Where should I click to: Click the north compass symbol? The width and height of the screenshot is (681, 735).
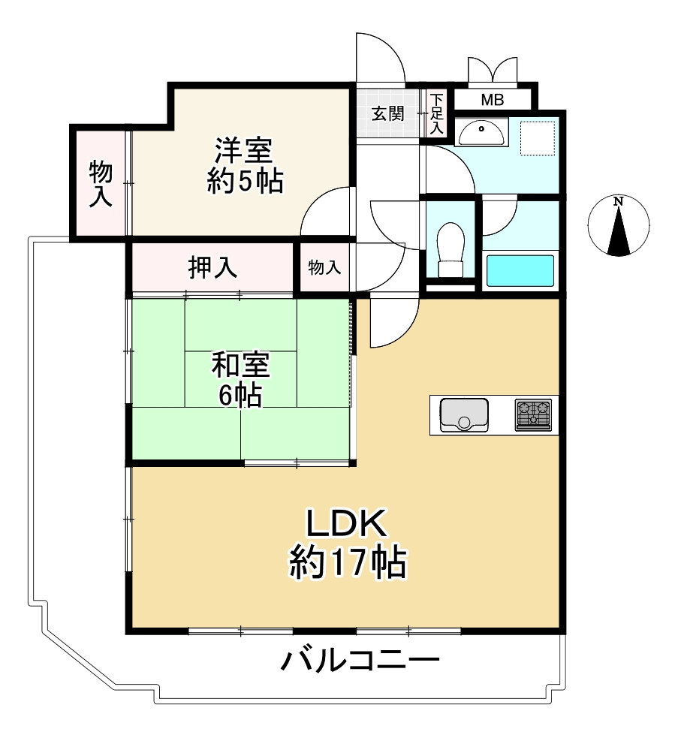point(619,226)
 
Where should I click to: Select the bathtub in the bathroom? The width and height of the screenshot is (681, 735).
point(520,270)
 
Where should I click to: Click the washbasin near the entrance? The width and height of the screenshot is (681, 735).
point(481,134)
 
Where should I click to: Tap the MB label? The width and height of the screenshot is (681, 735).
point(493,99)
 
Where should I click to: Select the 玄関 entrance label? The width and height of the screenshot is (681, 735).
point(388,113)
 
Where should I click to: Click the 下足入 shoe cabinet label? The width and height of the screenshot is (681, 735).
point(436,113)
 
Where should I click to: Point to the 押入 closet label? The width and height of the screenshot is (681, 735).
point(212,267)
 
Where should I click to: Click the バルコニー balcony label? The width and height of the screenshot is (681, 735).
point(360,661)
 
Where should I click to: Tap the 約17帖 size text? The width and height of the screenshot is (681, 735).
point(348,562)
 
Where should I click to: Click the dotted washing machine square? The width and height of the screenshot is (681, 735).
point(538,137)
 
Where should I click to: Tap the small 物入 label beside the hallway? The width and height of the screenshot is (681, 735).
point(324,267)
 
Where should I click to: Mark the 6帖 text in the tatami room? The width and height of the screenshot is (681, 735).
point(240,395)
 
